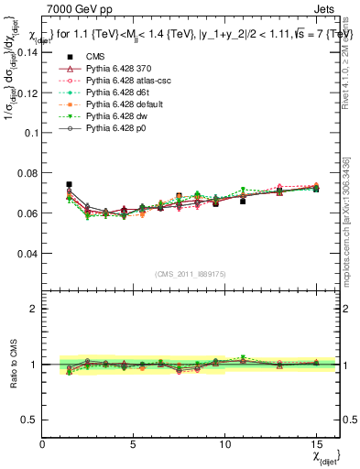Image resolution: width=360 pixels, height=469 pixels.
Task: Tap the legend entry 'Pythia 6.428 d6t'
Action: (x=121, y=93)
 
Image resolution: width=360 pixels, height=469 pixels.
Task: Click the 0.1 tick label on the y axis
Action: (x=31, y=133)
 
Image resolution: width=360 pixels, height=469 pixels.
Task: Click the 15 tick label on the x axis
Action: (x=316, y=444)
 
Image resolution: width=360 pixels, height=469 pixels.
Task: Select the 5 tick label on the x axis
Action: (x=134, y=444)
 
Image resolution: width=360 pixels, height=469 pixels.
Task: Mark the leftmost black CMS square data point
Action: (x=70, y=184)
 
